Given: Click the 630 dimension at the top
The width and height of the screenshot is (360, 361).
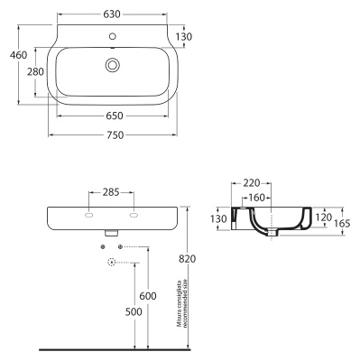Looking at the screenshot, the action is coord(112,14).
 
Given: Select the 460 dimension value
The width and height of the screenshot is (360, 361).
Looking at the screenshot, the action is coord(18,55).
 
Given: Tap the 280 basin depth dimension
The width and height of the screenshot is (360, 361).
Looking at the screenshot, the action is coord(35,71).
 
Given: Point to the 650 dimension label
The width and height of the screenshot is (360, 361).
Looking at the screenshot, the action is coord(115,116).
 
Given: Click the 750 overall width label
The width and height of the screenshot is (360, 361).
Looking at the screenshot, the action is coord(115,135).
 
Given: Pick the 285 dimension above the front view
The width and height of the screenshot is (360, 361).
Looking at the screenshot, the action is coord(111,192).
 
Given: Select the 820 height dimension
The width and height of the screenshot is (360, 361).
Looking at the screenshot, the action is coord(187,259).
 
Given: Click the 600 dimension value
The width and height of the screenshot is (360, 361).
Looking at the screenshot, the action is coord(148,296).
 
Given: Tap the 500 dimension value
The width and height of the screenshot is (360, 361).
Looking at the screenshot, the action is coord(134,311).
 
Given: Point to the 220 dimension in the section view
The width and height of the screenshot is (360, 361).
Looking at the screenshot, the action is coord(252,182).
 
